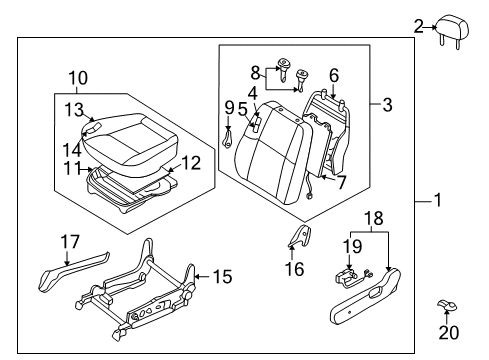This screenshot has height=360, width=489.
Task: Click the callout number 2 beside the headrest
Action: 418,27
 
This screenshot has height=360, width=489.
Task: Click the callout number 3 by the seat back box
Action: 386,102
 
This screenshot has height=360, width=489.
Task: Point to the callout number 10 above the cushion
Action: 77,77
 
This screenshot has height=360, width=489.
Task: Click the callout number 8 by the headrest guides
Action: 256,72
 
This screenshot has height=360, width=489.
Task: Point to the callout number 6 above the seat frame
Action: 333,74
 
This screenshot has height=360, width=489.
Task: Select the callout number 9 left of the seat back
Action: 229,108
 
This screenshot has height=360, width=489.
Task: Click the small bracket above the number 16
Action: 298,239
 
